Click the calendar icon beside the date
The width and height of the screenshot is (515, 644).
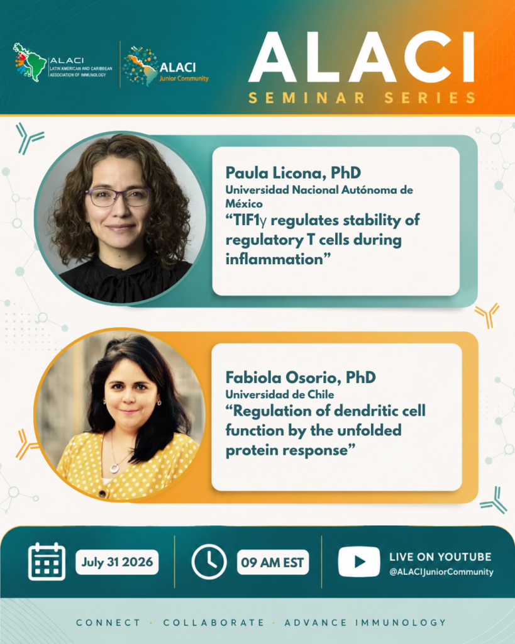point(47,562)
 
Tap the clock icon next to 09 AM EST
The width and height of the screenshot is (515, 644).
point(209,562)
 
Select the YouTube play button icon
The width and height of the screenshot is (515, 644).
point(359,562)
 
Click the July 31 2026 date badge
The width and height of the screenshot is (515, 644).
point(117,562)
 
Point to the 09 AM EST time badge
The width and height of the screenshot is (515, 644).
point(273,562)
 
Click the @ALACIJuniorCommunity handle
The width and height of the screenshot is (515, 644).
point(441,572)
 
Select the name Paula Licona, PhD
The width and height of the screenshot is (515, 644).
point(293,172)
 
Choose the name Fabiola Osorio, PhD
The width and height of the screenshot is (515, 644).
point(301,377)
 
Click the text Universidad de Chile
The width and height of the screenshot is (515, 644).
point(280,394)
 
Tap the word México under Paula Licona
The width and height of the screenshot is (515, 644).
point(244,203)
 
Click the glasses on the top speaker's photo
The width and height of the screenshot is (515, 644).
point(119,197)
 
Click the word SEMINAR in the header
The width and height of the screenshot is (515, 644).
point(307,98)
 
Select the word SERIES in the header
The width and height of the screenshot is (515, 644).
point(430,98)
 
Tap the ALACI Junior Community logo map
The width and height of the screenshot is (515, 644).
point(140,65)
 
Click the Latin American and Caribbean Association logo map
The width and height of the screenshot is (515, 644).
point(30,62)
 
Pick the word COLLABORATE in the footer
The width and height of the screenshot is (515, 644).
point(214,623)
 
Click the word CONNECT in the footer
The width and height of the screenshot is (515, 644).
point(108,623)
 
